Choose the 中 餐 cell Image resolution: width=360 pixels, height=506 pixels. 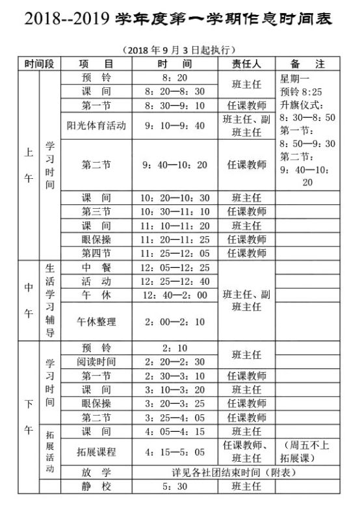[96, 268]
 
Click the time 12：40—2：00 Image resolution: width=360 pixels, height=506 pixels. [175, 296]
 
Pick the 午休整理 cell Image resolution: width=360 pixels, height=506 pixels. [96, 322]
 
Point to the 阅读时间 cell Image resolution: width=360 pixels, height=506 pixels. [96, 362]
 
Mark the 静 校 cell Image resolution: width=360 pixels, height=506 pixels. [96, 486]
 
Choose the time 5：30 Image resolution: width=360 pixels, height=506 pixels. [175, 486]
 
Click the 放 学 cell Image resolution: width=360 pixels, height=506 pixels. [96, 471]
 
